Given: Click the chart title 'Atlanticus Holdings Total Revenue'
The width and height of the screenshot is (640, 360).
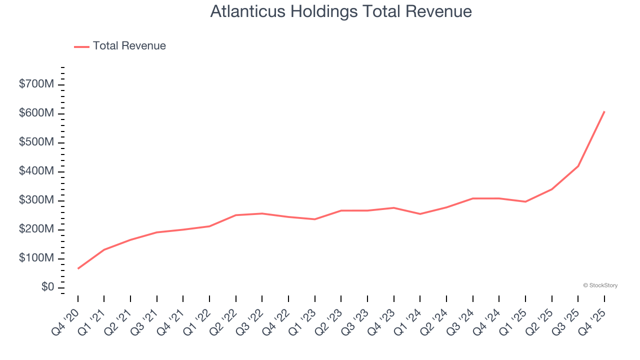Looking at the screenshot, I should [x=341, y=11].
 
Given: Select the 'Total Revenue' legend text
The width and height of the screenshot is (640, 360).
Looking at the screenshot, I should [x=129, y=46].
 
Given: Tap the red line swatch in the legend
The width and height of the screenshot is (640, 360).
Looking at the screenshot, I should [x=81, y=46].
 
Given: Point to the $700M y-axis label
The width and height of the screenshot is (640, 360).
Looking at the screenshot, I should [x=36, y=84].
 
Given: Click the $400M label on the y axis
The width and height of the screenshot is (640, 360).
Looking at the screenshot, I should [x=36, y=171].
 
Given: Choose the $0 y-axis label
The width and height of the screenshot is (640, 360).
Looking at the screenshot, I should [x=48, y=287].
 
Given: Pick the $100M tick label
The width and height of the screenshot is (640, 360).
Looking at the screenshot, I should [x=36, y=258].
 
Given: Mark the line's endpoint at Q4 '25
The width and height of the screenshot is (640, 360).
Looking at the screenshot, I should [x=604, y=111].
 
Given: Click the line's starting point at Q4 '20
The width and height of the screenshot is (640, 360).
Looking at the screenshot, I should [x=78, y=268].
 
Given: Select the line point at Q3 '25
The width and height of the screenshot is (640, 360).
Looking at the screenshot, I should [x=578, y=166].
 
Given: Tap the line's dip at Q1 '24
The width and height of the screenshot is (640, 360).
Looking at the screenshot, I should [x=420, y=214].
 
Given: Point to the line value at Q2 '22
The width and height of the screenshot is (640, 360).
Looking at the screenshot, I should [x=236, y=215].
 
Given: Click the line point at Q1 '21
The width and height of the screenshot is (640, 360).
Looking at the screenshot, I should [x=104, y=249].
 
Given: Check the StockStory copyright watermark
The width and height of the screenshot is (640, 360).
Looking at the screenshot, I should [x=600, y=285].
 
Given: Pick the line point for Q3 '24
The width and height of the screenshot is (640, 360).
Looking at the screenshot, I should [x=473, y=198].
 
